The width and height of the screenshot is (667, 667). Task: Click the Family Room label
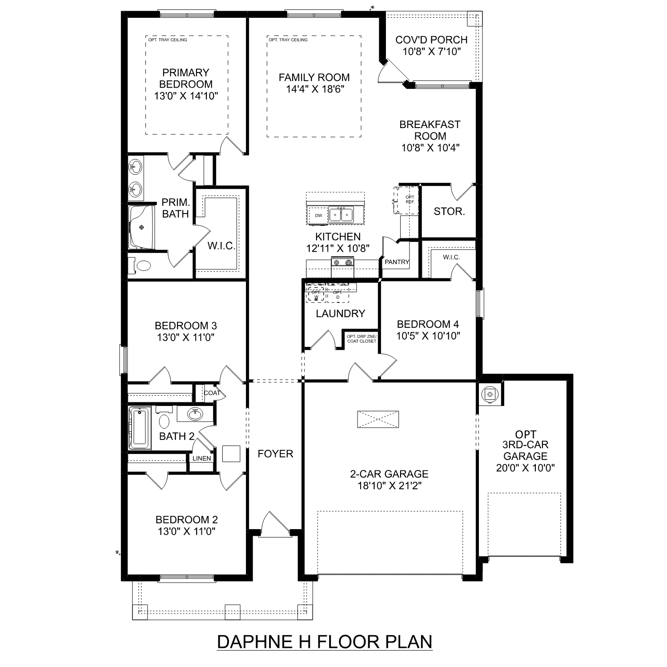pos(314,77)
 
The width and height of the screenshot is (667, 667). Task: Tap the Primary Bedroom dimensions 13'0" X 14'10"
pos(186,96)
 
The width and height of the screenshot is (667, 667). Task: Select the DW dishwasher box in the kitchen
pos(318,216)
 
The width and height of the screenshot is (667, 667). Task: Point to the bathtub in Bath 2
pos(139,428)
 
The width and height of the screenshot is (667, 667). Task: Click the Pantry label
pos(397,262)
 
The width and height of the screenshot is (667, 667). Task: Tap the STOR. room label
pos(449,212)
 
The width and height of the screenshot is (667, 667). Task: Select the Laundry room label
pos(340,313)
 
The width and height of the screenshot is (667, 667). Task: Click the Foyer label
pos(275,454)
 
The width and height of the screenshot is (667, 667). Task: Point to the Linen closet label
pos(201,458)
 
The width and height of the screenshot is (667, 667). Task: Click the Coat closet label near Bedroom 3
pos(212,393)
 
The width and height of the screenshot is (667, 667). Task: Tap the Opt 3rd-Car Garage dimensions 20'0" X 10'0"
pos(525,468)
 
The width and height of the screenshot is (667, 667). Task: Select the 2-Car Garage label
pos(389,474)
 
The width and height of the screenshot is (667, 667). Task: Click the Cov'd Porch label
pos(431,40)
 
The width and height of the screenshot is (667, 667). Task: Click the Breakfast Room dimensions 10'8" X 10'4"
pos(430,148)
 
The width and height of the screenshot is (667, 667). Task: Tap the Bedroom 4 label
pos(428,324)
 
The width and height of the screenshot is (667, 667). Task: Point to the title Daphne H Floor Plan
pos(325,642)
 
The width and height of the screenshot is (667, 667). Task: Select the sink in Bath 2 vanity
pos(194,414)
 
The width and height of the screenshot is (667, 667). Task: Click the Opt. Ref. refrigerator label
pos(410,199)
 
